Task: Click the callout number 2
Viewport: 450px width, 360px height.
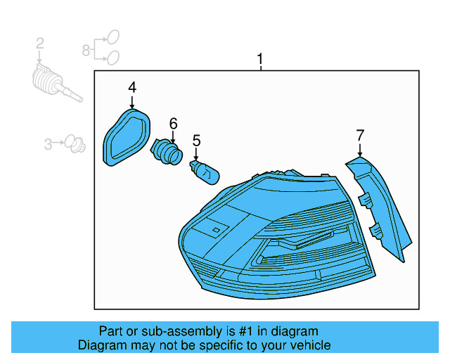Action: click(x=40, y=44)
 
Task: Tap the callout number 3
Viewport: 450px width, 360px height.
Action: click(x=48, y=144)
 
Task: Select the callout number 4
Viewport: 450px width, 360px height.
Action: click(x=131, y=87)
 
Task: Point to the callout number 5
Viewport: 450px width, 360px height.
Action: click(x=197, y=140)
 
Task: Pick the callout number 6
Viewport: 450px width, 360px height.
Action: click(x=172, y=123)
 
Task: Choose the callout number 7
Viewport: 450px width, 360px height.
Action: click(x=360, y=134)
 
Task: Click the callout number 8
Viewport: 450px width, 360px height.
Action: click(x=86, y=49)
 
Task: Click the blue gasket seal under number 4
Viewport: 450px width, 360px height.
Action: click(x=127, y=136)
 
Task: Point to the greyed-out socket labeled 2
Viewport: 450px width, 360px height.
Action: click(x=53, y=81)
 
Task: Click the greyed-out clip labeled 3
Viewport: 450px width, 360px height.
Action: click(x=72, y=146)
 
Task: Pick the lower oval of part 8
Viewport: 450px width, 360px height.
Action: click(x=112, y=57)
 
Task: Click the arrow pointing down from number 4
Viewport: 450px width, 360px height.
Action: click(x=131, y=101)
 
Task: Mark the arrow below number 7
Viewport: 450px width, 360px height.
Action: click(x=360, y=149)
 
